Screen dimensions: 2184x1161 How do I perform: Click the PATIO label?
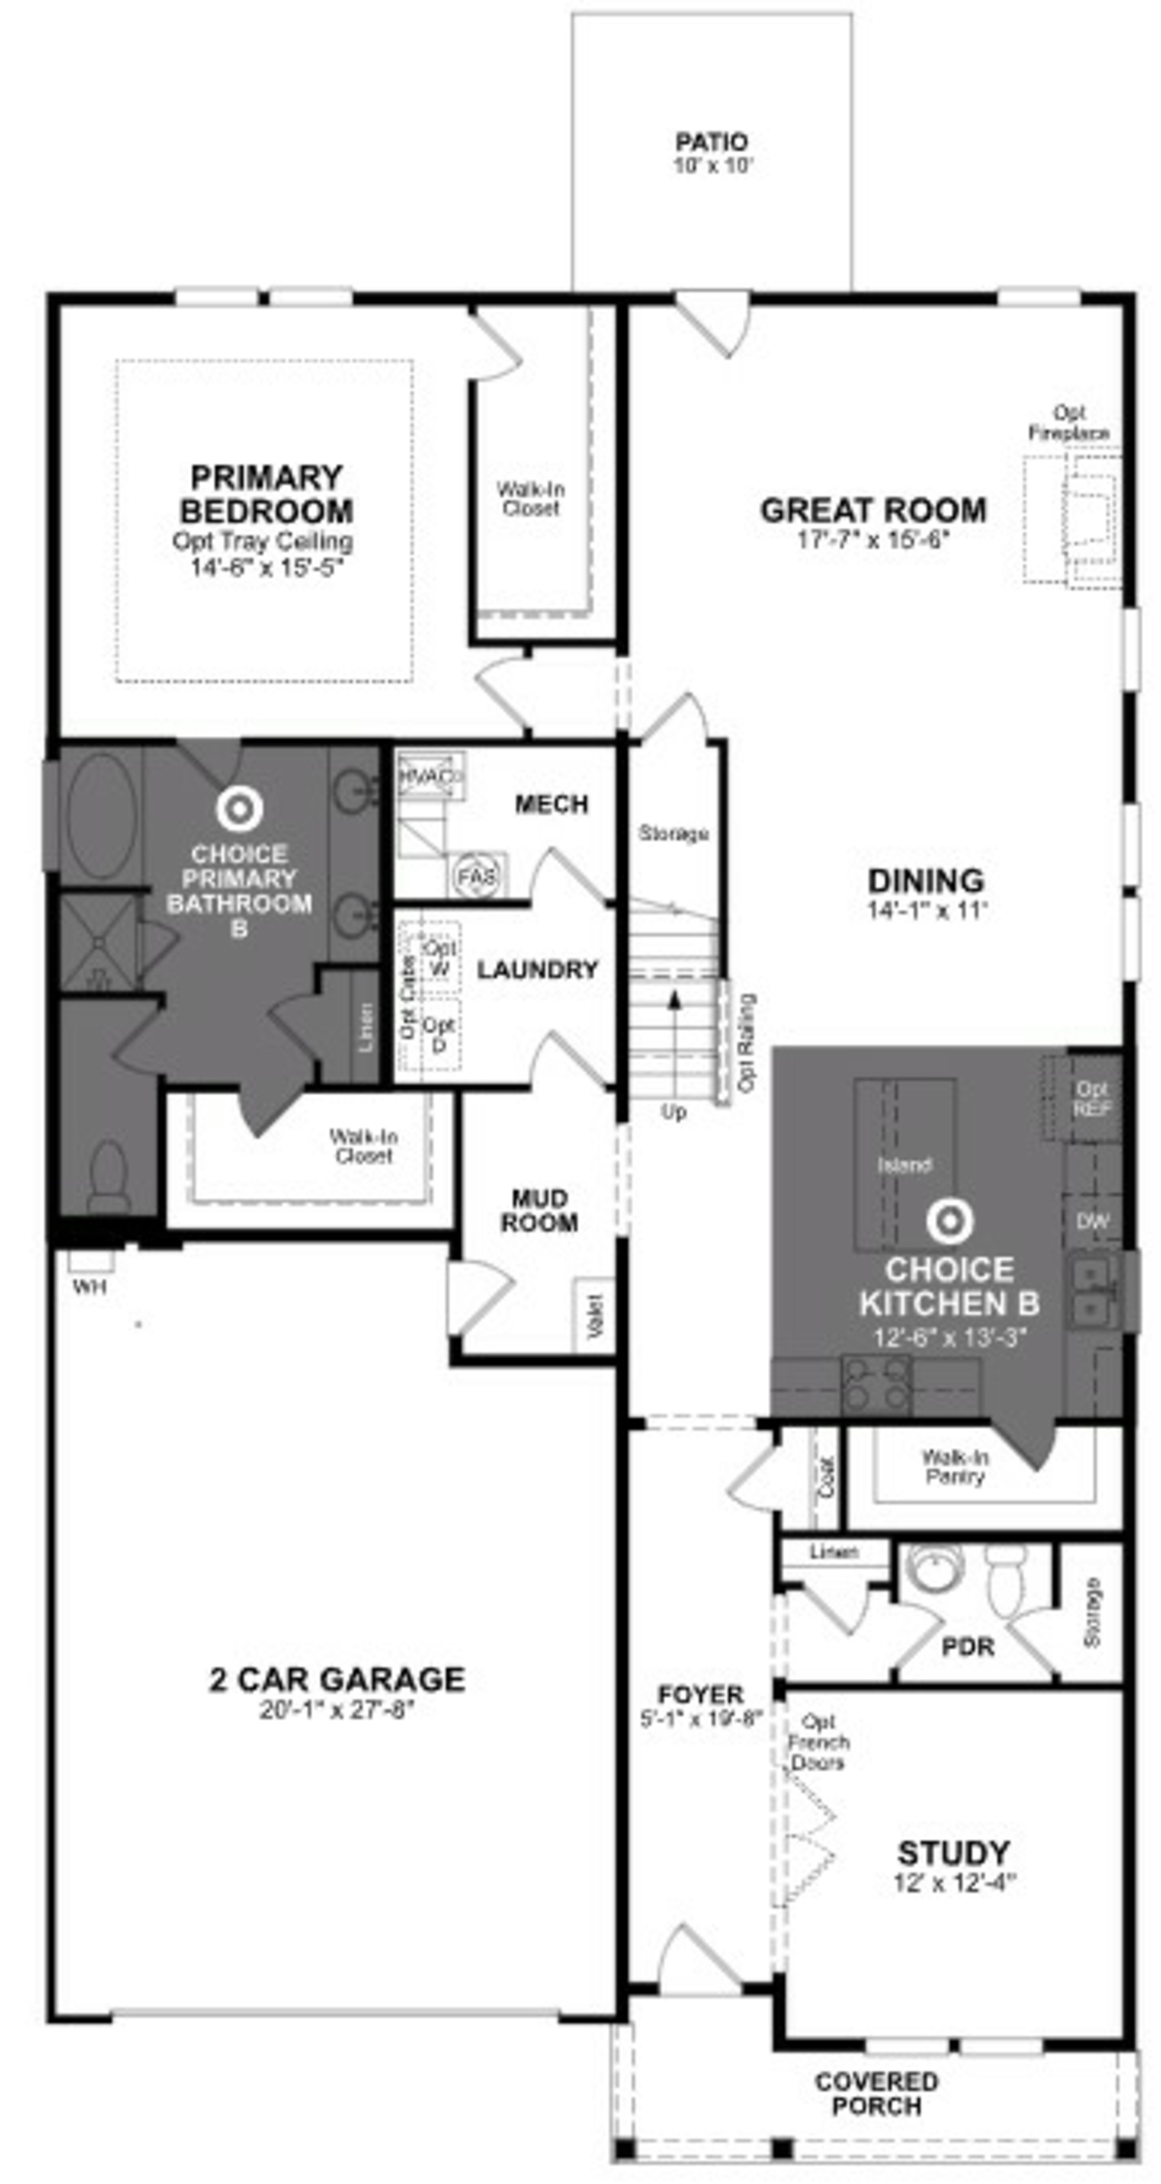click(711, 142)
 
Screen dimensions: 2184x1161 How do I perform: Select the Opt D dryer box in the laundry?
click(438, 1034)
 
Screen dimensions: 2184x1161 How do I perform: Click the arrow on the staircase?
click(674, 1001)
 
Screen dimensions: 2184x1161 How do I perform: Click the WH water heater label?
click(89, 1287)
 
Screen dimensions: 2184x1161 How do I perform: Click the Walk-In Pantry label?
click(955, 1467)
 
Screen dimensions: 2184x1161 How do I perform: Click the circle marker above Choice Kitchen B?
click(949, 1220)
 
